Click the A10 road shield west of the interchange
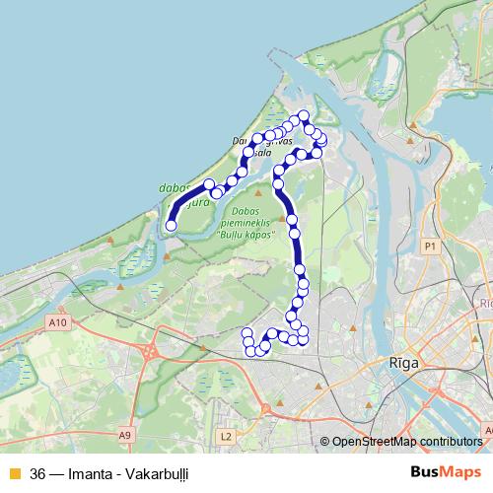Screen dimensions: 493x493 [56, 322]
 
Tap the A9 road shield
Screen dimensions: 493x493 [125, 434]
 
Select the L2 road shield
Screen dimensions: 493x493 [226, 435]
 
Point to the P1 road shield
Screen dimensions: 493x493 [429, 245]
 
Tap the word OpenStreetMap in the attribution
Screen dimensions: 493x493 [376, 442]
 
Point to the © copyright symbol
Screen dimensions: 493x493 [326, 442]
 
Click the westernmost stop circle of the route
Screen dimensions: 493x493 [171, 226]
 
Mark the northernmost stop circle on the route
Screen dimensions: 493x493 [304, 116]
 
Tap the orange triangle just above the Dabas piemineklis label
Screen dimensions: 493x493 [240, 198]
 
